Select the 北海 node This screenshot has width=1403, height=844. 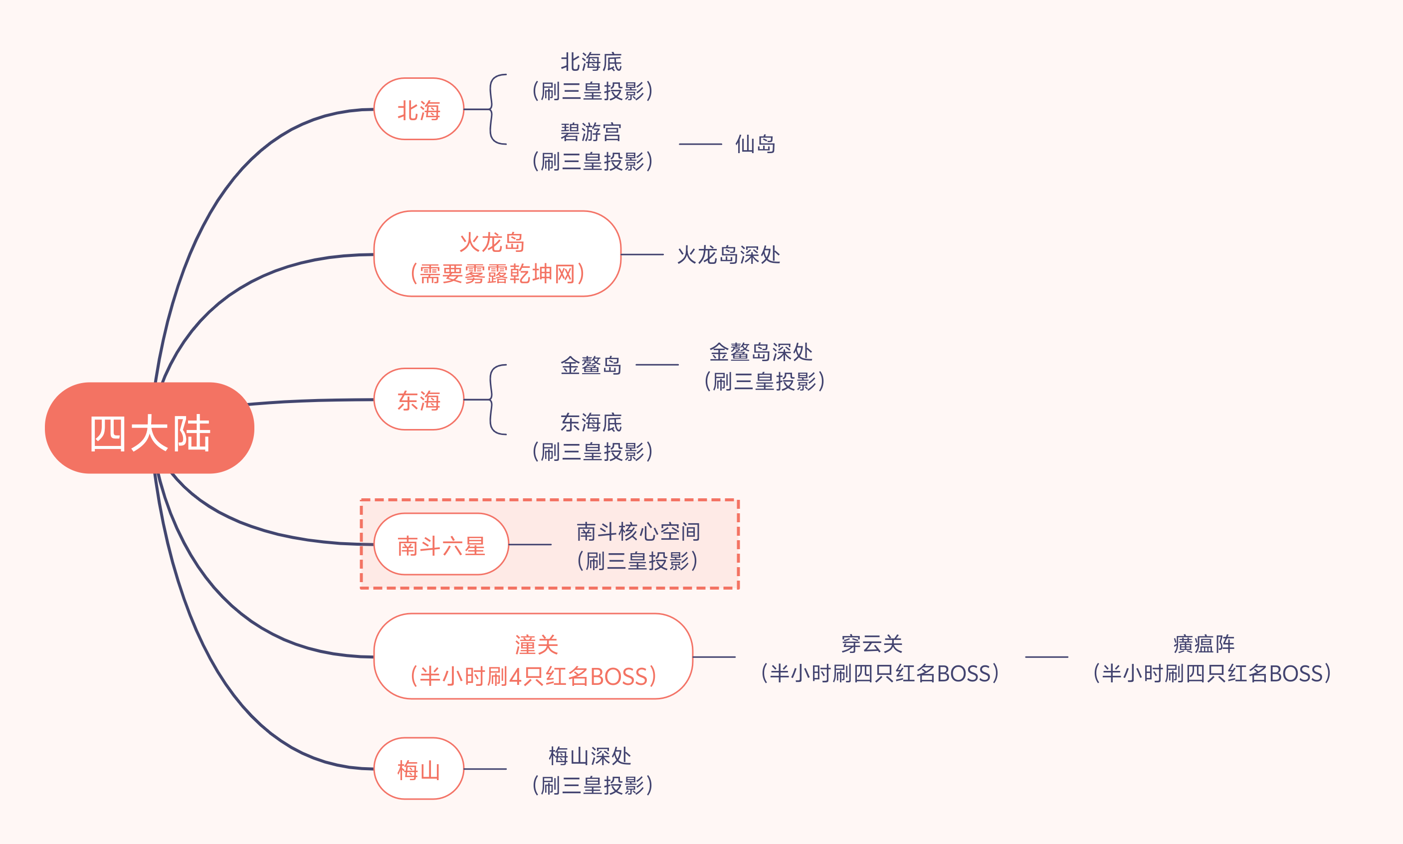tap(419, 109)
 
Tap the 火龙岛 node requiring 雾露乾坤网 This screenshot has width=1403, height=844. tap(497, 254)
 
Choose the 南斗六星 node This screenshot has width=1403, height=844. tap(441, 544)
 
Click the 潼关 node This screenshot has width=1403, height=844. tap(533, 656)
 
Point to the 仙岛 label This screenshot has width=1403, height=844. tap(755, 144)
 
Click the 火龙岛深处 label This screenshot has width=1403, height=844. tap(728, 254)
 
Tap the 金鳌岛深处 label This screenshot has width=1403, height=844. tap(761, 353)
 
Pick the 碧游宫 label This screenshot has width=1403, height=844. tap(591, 133)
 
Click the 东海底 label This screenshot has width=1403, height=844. tap(591, 422)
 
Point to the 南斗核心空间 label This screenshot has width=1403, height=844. tap(638, 532)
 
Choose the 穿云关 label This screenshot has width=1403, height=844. tap(872, 644)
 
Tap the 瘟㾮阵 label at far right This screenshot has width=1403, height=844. tap(1204, 644)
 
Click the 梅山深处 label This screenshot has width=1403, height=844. tap(590, 756)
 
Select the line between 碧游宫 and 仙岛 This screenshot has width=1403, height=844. tap(700, 144)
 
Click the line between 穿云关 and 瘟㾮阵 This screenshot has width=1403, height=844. tap(1046, 657)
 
